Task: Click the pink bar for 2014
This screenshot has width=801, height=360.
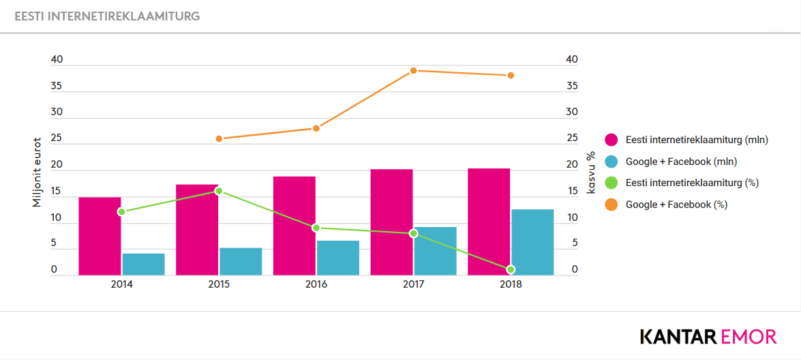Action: point(100,237)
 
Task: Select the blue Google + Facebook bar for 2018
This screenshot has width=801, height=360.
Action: point(532,243)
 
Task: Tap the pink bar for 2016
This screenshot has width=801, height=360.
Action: point(294,226)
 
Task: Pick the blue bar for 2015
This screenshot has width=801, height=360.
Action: point(241,262)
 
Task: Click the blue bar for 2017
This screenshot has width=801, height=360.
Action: point(435,251)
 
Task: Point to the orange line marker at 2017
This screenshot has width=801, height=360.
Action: point(414,70)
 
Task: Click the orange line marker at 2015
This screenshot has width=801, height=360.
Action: point(219,139)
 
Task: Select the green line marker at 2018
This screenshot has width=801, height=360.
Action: point(511,269)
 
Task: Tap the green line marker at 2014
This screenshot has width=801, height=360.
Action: point(121,212)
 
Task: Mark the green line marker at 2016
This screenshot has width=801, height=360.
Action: point(316,228)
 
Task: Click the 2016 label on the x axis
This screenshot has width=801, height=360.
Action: point(316,285)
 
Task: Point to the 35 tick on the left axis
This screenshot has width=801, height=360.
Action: point(56,86)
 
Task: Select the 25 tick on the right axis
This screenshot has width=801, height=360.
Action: point(572,138)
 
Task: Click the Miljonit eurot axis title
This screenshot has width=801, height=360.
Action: point(37,172)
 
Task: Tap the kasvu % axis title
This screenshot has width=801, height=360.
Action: point(592,172)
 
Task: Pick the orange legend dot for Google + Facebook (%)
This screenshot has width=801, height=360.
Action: point(611,205)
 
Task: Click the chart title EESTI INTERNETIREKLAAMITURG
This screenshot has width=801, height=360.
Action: point(107,16)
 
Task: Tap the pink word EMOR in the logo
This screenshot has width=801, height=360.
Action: point(749,337)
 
